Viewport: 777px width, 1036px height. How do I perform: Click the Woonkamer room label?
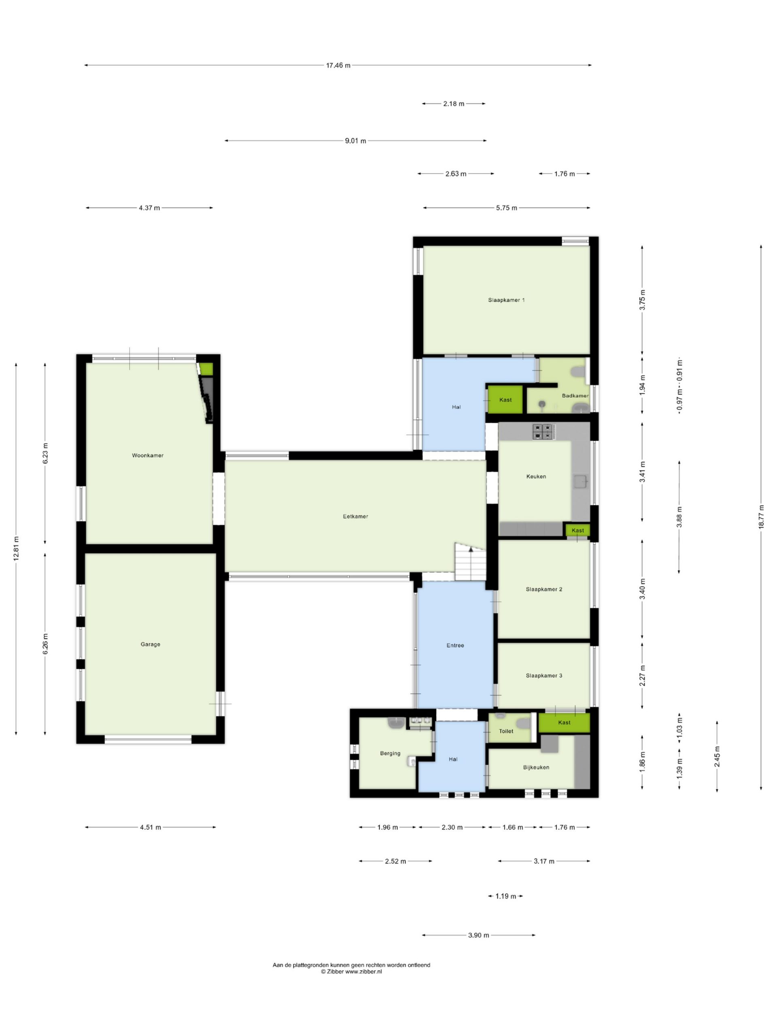click(148, 455)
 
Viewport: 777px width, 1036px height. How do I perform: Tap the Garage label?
click(151, 644)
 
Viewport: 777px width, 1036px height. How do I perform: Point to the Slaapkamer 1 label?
click(506, 300)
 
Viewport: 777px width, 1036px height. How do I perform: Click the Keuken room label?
click(536, 476)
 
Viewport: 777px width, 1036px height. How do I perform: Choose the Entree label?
click(455, 645)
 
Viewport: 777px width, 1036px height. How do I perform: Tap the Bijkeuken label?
click(536, 767)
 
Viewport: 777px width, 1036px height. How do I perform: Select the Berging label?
click(390, 754)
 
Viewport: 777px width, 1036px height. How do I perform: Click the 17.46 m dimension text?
click(338, 66)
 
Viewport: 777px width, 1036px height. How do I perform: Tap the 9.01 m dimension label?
click(355, 140)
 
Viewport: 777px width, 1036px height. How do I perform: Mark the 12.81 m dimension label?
click(17, 548)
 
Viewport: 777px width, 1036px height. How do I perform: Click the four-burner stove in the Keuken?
click(543, 431)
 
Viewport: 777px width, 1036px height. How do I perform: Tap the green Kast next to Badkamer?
click(505, 400)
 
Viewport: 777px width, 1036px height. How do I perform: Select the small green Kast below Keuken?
click(577, 530)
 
